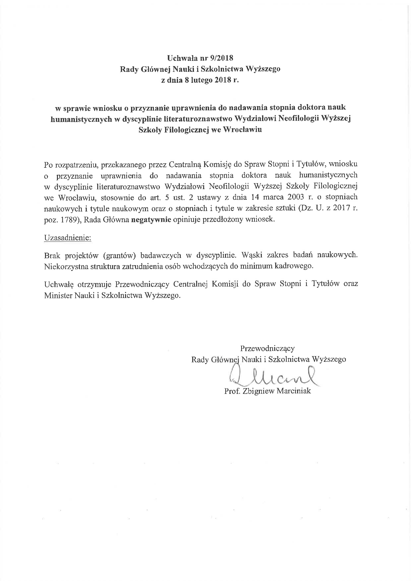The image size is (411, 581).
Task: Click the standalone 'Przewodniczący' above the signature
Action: point(267,348)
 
